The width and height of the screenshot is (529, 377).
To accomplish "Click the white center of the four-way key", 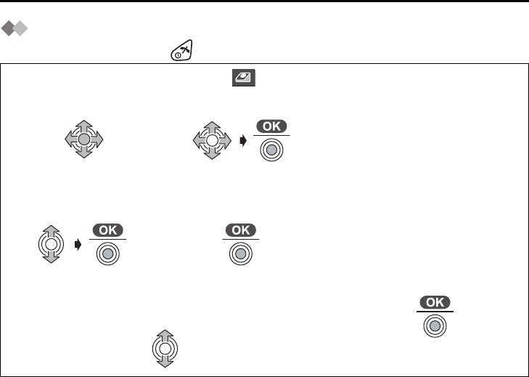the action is (210, 139).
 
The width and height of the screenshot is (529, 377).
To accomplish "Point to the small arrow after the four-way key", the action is (243, 140).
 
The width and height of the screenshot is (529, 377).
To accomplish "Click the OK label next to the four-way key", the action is (271, 126).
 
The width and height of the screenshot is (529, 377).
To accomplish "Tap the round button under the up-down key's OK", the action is (107, 254).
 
